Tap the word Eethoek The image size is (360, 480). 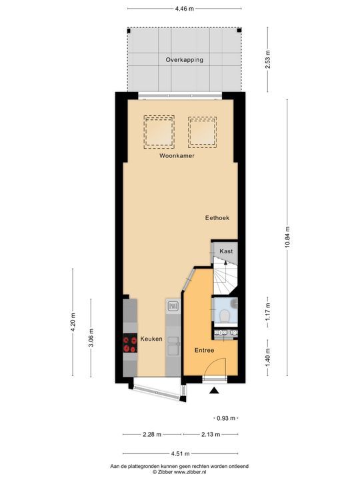217,218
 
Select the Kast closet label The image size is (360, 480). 226,251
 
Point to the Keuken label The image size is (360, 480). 151,339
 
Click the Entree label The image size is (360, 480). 204,350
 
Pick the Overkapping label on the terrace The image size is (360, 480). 185,60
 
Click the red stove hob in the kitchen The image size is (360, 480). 130,343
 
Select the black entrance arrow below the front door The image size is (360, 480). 215,392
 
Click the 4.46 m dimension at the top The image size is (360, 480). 185,9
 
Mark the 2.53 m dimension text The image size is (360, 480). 269,60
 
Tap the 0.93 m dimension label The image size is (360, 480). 225,418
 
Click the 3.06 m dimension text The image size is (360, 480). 91,339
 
